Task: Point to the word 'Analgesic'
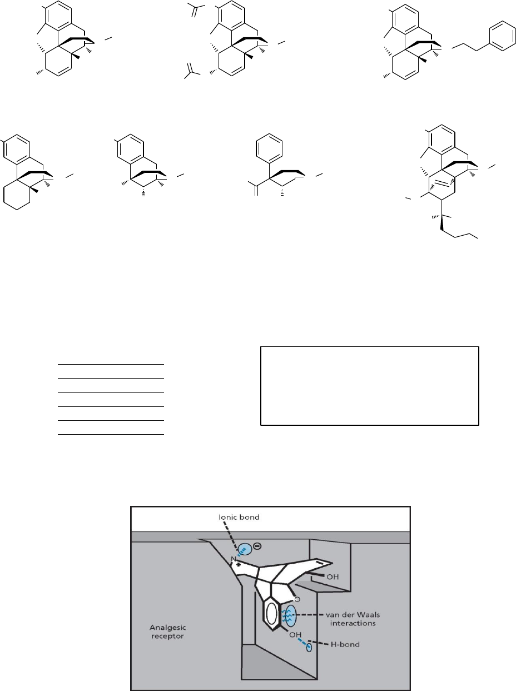pyautogui.click(x=167, y=628)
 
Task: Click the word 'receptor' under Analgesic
pyautogui.click(x=167, y=636)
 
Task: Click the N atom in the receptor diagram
pyautogui.click(x=234, y=559)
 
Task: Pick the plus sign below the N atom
pyautogui.click(x=239, y=565)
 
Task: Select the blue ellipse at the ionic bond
pyautogui.click(x=245, y=550)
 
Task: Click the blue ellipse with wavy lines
pyautogui.click(x=289, y=616)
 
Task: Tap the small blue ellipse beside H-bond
pyautogui.click(x=309, y=648)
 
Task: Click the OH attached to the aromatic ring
pyautogui.click(x=295, y=635)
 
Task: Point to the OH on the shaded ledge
pyautogui.click(x=333, y=576)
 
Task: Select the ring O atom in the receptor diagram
pyautogui.click(x=297, y=599)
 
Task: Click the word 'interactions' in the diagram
pyautogui.click(x=353, y=623)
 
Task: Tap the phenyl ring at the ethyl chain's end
pyautogui.click(x=503, y=36)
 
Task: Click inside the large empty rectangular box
pyautogui.click(x=370, y=386)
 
